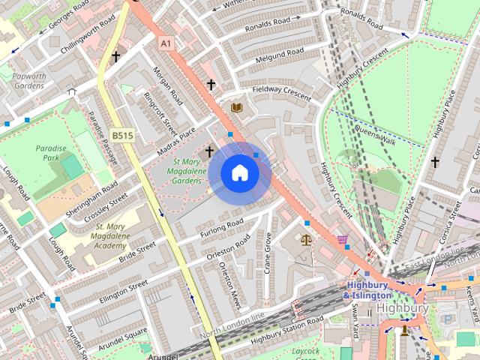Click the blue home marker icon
pyautogui.click(x=239, y=173)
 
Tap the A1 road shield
pyautogui.click(x=166, y=44)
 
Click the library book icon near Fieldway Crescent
pyautogui.click(x=237, y=108)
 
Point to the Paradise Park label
pyautogui.click(x=50, y=153)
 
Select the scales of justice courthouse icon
pyautogui.click(x=305, y=240)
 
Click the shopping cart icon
pyautogui.click(x=343, y=240)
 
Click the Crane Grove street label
pyautogui.click(x=268, y=253)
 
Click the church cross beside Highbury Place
pyautogui.click(x=435, y=161)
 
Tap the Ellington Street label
pyautogui.click(x=123, y=292)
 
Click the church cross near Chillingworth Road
pyautogui.click(x=115, y=56)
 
